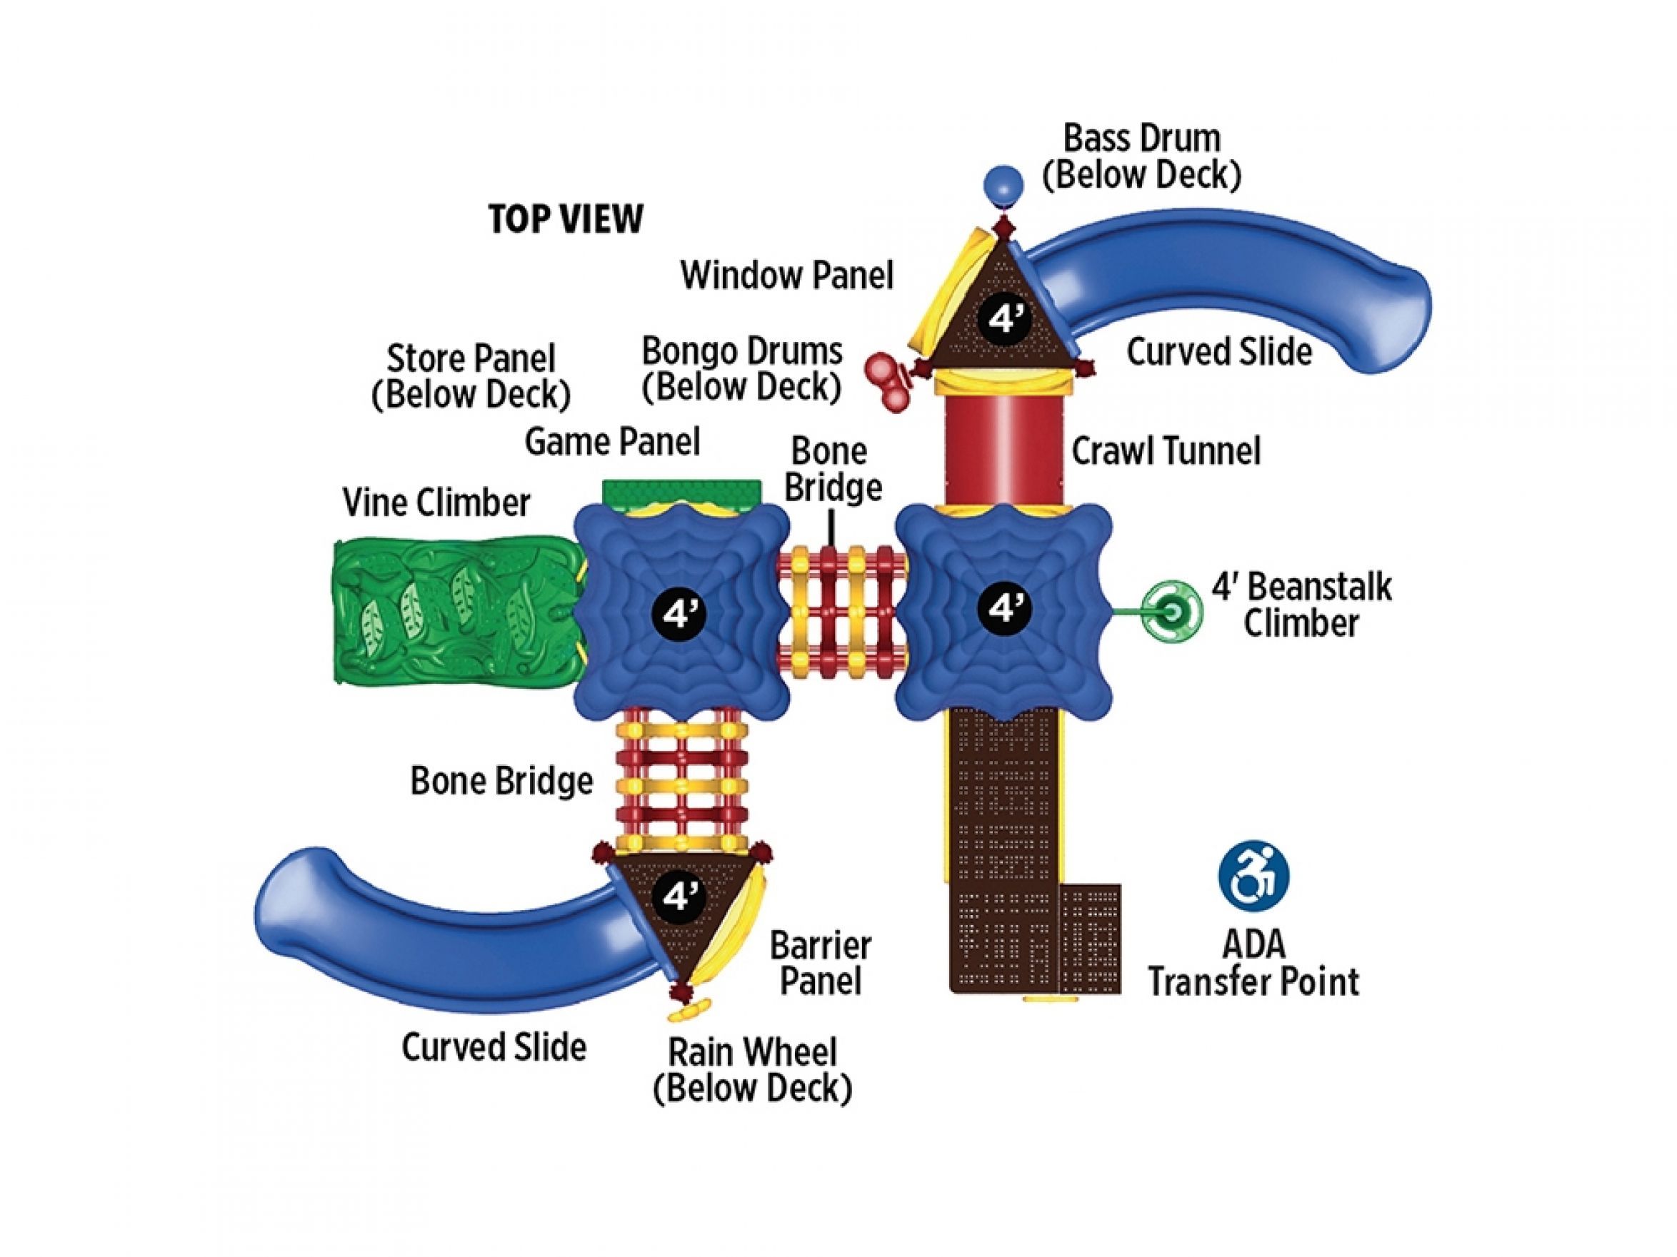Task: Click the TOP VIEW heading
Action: coord(566,218)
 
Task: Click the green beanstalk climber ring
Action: coord(1172,610)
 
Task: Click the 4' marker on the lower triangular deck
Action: coord(679,897)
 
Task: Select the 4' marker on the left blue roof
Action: coord(679,612)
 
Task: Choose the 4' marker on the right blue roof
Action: coord(1003,607)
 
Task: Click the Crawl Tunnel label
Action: coord(1165,452)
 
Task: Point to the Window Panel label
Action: coord(787,275)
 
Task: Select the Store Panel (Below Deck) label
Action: coord(471,375)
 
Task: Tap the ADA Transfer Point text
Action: coord(1253,963)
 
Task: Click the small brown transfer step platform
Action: coord(1090,938)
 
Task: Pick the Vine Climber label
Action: coord(436,503)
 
